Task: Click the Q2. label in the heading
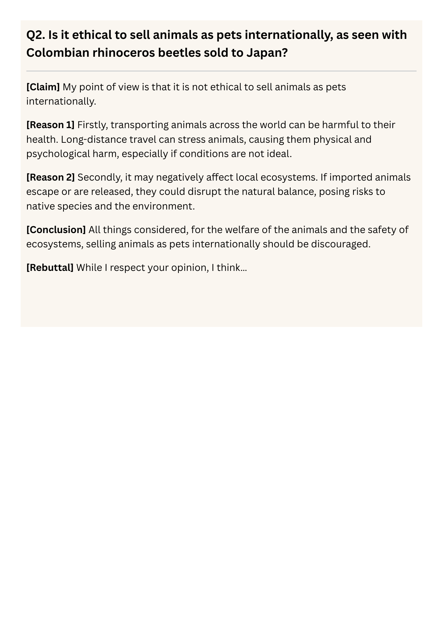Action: [x=35, y=35]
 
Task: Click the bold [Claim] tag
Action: [x=43, y=87]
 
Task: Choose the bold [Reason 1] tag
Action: [x=50, y=125]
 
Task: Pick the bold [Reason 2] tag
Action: [x=50, y=177]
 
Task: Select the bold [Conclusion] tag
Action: [x=56, y=229]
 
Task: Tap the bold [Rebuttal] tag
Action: [x=50, y=267]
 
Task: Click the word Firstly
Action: [x=92, y=125]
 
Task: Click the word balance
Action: [x=295, y=192]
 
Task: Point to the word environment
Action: [x=163, y=206]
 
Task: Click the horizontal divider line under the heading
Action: [x=221, y=71]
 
